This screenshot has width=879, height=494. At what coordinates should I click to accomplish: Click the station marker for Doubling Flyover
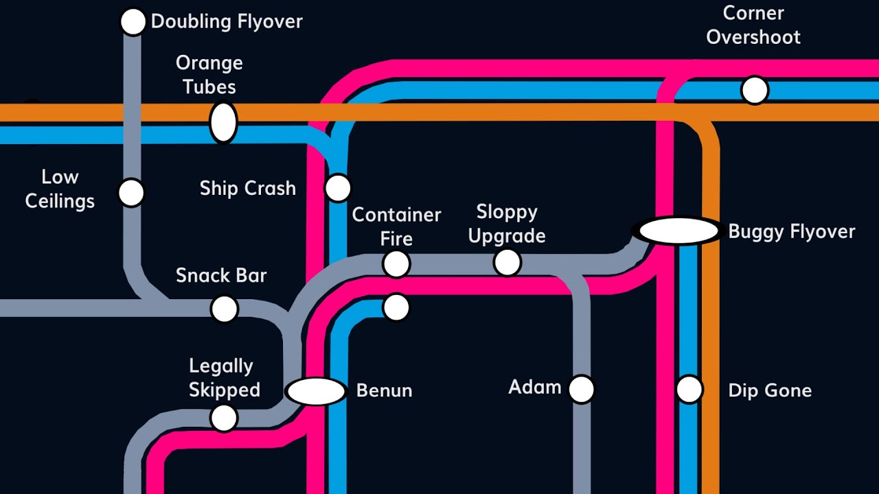133,22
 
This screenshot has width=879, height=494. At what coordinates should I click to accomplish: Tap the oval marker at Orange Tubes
223,123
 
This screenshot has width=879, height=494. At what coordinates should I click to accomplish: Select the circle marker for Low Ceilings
130,193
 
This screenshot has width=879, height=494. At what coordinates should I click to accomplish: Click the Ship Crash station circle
338,188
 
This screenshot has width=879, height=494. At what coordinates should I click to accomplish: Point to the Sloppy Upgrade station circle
507,262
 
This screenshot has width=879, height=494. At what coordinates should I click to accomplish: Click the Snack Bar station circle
224,309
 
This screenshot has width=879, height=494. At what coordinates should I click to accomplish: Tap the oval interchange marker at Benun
316,391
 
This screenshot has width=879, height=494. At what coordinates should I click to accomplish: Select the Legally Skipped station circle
224,417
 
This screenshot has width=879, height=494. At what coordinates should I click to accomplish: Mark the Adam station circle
581,389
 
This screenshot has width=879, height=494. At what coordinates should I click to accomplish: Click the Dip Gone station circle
689,389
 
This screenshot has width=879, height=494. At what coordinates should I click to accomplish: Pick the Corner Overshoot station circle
754,91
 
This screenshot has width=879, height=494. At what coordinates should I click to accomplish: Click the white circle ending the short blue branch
396,307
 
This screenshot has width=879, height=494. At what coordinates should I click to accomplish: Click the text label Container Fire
396,226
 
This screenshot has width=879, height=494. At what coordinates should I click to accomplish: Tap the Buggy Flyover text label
791,232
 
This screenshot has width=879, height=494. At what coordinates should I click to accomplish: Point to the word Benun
384,390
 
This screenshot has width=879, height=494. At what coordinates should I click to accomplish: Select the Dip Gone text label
770,390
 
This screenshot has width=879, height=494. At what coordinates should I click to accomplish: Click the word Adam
534,388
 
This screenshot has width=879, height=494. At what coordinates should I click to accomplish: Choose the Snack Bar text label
221,276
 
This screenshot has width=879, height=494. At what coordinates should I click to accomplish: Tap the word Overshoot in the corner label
753,37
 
